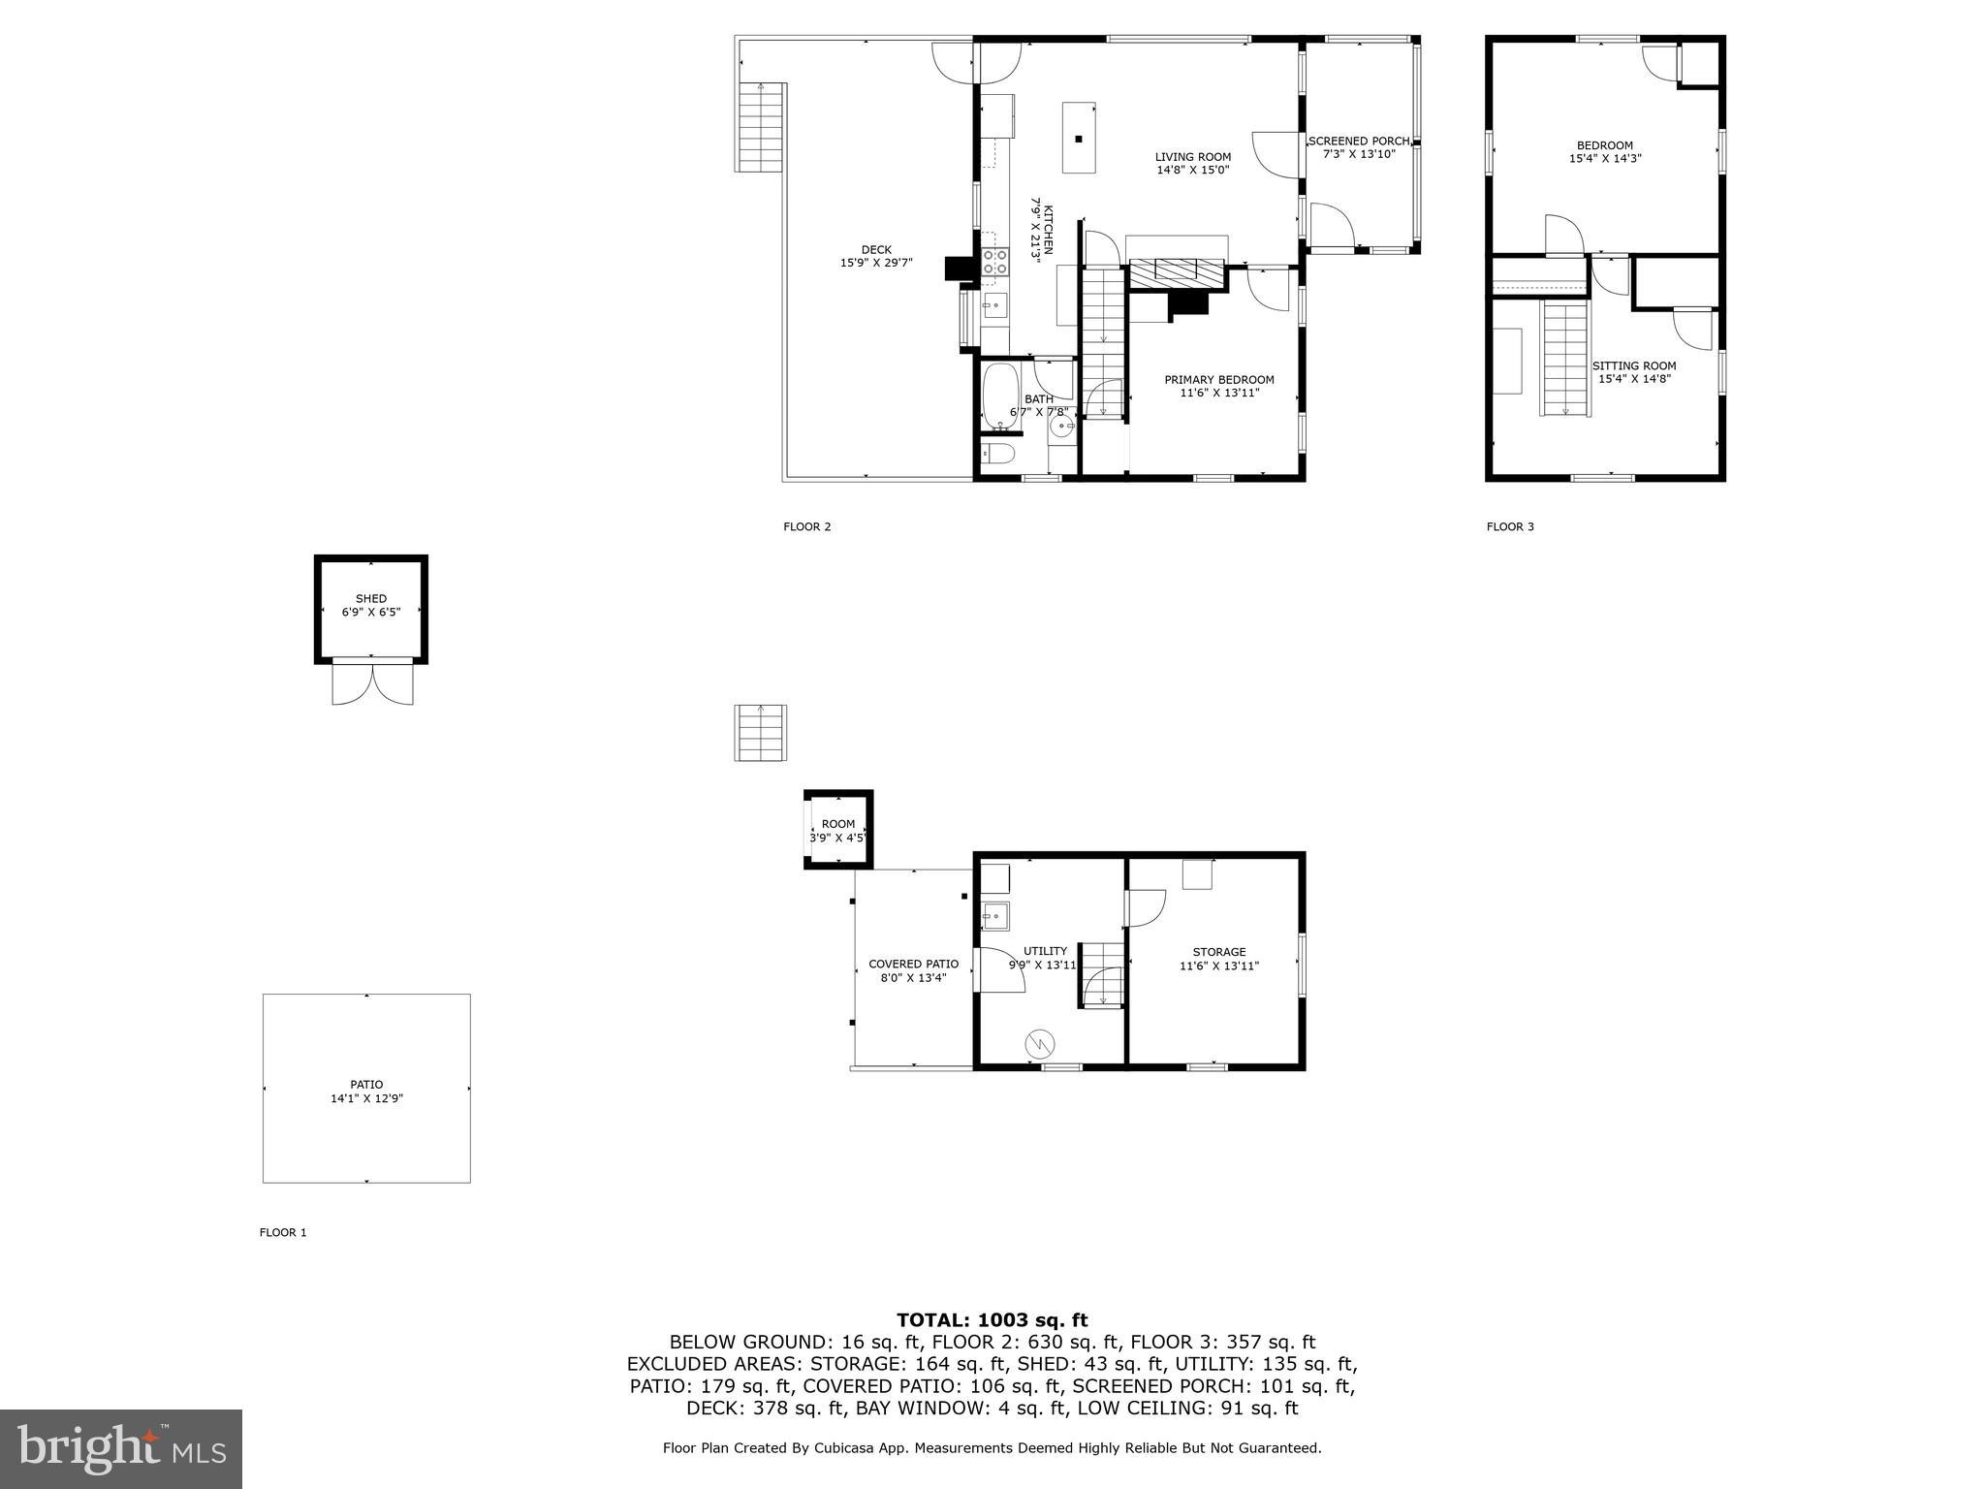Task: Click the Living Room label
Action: point(1192,157)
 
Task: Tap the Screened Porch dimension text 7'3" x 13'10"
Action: point(1359,154)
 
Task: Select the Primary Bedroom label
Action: point(1218,380)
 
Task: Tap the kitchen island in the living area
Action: point(1078,138)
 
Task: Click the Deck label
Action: point(875,250)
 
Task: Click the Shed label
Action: point(370,599)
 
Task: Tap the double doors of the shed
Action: point(372,681)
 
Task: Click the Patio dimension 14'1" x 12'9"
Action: point(366,1098)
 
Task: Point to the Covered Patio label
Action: point(913,964)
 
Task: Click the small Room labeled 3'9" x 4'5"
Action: point(838,830)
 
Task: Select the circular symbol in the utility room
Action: point(1039,1043)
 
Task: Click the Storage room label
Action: point(1218,952)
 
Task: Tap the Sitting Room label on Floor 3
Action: point(1633,365)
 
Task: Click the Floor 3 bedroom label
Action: point(1604,145)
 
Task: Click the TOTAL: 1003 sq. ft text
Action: point(992,1319)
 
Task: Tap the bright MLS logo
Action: point(121,1448)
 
